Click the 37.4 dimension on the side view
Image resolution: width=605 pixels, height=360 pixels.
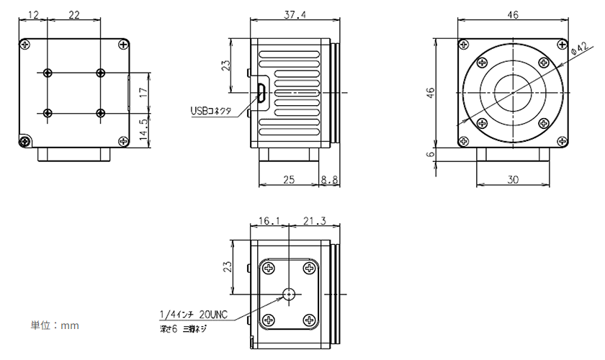coord(294,15)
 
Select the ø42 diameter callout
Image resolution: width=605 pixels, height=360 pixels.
coord(579,49)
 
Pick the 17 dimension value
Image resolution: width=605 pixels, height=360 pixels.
coord(144,92)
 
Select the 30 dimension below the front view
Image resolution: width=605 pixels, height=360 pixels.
coord(513,180)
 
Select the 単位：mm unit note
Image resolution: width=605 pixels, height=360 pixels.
coord(54,325)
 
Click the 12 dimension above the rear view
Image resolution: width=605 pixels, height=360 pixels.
coord(32,15)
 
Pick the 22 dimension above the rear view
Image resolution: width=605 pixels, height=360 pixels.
coord(73,15)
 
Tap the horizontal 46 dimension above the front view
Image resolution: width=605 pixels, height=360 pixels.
coord(513,15)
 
